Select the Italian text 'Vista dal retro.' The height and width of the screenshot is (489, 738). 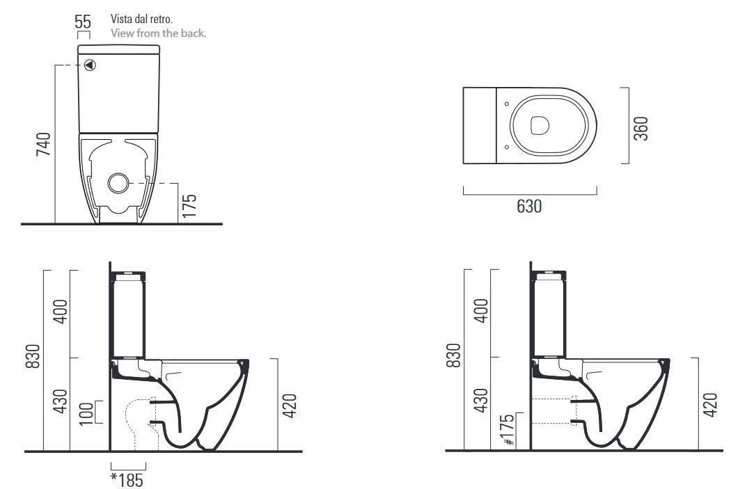coord(136,19)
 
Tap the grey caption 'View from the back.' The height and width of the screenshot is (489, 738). coord(158,33)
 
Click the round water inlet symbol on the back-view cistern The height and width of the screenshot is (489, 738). coord(90,65)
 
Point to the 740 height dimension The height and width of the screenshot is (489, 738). coord(44,144)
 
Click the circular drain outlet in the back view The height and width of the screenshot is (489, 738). coord(118,183)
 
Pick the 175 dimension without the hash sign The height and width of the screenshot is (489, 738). coord(189,206)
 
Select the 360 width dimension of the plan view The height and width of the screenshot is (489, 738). coord(641,129)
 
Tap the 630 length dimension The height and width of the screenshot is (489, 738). coord(529,207)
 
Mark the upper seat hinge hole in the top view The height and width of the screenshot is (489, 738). coord(507,104)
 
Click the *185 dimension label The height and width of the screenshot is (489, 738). coord(127,479)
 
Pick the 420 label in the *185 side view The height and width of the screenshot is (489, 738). coord(290,405)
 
